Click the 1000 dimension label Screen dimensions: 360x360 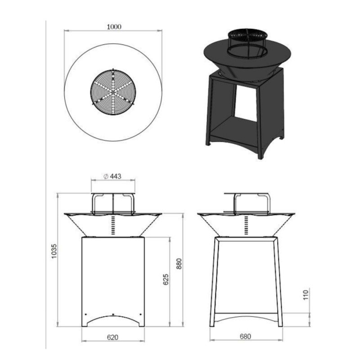click(x=114, y=27)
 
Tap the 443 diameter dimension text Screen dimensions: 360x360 click(x=113, y=176)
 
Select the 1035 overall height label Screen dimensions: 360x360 click(x=54, y=251)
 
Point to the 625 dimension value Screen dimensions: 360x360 click(x=166, y=279)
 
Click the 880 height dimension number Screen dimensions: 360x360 click(x=179, y=264)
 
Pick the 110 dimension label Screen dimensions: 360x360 click(x=306, y=295)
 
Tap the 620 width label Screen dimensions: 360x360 click(x=113, y=337)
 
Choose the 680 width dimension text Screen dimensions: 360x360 click(x=245, y=337)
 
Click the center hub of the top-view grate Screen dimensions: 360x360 click(x=113, y=92)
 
